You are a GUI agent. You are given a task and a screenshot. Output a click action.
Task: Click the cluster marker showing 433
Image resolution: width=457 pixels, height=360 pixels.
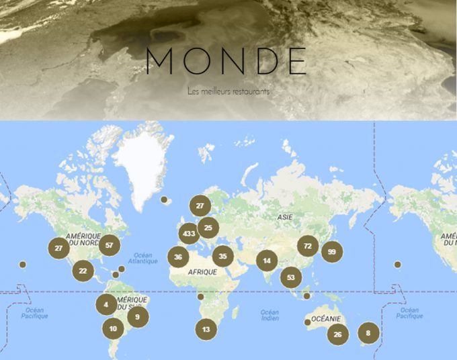[189, 234]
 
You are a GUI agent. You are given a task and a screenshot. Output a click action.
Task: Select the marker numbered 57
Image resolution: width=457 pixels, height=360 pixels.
[109, 245]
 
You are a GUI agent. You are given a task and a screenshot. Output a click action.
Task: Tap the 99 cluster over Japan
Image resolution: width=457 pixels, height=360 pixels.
[331, 253]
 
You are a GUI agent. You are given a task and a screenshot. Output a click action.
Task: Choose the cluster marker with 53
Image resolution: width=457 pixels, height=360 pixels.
[291, 277]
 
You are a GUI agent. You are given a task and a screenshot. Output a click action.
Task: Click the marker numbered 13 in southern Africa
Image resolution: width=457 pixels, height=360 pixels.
[206, 329]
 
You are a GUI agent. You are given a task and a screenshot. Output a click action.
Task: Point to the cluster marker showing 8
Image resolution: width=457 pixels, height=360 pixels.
[368, 332]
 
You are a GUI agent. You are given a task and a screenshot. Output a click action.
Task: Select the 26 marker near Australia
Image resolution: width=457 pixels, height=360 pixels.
[338, 334]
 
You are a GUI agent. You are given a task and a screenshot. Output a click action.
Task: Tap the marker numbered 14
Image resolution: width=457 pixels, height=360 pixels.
[267, 261]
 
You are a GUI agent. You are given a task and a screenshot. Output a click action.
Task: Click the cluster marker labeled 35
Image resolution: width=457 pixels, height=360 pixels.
[222, 256]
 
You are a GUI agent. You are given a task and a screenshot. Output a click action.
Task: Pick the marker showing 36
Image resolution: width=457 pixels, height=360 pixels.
[178, 257]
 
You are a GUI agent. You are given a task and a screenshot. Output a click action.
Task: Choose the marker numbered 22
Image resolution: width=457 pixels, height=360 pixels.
[83, 271]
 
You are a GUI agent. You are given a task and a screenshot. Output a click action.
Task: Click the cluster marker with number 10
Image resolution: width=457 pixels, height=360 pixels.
[112, 328]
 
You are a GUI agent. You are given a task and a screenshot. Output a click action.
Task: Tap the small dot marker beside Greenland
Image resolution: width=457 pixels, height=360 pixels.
[164, 199]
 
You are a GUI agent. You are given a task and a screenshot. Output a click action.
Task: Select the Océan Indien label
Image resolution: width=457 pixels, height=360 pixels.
[269, 315]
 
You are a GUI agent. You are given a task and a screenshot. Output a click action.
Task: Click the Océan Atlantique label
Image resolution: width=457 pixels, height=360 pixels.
[144, 258]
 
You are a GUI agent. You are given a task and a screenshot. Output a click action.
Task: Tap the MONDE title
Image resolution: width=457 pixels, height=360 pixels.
[227, 61]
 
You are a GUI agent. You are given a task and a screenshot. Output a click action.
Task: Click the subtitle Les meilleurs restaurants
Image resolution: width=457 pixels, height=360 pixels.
[229, 91]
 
